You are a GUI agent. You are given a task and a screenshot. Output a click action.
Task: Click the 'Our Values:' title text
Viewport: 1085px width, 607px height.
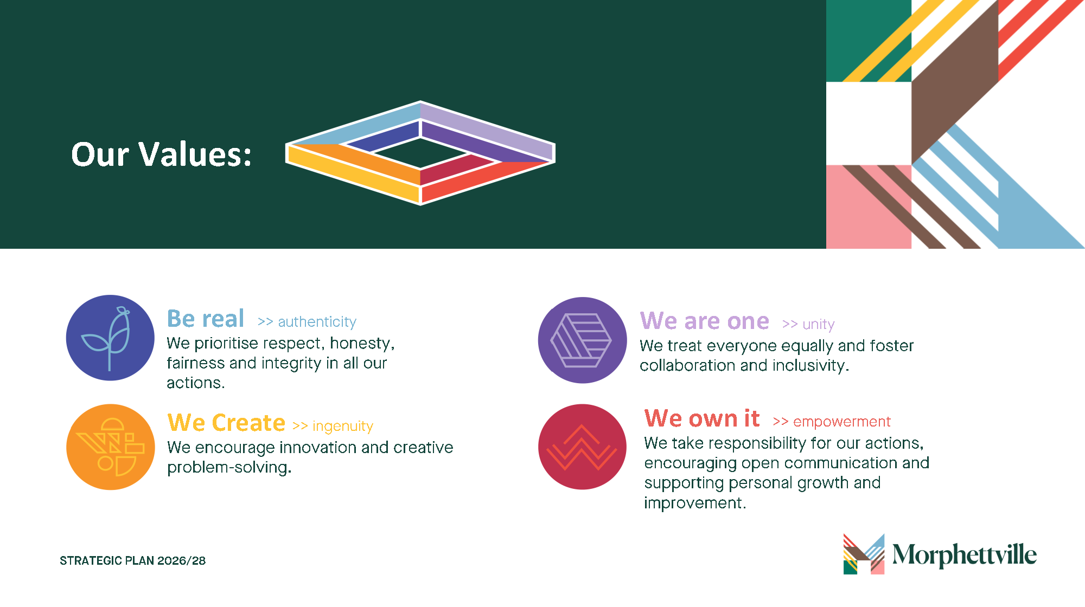click(x=162, y=154)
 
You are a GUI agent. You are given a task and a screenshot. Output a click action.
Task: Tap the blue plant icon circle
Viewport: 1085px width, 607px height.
click(x=110, y=338)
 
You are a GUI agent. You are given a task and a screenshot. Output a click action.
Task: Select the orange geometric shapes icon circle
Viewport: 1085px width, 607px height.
click(x=111, y=447)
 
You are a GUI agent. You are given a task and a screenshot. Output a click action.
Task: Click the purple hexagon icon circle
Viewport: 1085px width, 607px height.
click(x=582, y=340)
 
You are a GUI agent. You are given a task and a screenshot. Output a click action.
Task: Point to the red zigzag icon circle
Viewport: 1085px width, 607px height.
click(x=582, y=447)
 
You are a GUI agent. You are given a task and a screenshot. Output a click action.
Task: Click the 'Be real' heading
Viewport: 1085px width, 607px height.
click(x=206, y=319)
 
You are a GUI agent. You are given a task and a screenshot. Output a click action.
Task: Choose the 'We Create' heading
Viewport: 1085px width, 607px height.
click(x=226, y=423)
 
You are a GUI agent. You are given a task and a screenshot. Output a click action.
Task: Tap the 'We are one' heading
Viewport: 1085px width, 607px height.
click(x=704, y=321)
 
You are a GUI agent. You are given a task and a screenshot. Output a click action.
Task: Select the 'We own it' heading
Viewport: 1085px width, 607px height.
click(x=702, y=418)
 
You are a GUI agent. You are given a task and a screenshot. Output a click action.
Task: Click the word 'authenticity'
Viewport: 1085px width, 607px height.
click(x=317, y=322)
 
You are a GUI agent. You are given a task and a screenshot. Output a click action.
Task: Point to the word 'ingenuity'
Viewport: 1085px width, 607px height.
click(x=343, y=427)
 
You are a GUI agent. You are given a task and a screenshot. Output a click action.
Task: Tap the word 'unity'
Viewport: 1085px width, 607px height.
click(x=819, y=325)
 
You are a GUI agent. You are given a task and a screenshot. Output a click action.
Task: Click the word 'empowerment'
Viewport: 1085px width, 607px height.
click(x=842, y=422)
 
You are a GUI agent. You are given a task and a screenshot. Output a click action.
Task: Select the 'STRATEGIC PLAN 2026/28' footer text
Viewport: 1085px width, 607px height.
click(x=133, y=561)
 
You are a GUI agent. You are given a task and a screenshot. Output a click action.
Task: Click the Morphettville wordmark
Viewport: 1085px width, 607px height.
click(x=965, y=555)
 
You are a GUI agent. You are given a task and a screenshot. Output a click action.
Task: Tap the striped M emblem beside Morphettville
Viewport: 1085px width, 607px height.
click(x=864, y=554)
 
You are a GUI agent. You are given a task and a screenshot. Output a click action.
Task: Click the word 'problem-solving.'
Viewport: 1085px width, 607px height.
click(x=229, y=468)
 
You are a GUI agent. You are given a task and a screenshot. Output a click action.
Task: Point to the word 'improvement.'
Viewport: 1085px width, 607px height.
click(x=695, y=503)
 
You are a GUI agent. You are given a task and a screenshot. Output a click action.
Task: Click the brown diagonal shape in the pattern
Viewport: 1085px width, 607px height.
click(x=955, y=81)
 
